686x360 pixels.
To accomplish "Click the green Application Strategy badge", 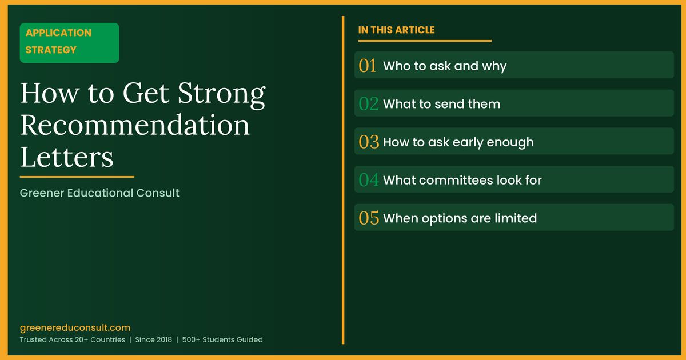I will pos(69,42).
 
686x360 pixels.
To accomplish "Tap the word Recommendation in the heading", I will pos(135,125).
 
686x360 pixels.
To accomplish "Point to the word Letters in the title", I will pos(67,156).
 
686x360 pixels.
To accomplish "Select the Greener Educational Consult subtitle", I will pos(99,193).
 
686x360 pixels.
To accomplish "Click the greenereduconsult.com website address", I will pos(75,328).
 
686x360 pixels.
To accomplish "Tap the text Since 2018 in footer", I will pos(153,339).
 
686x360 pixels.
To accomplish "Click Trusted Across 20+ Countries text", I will pos(72,339).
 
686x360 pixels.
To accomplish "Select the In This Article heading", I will pos(396,30).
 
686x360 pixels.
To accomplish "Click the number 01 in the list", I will pos(368,66).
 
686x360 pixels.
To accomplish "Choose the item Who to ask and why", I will pos(445,66).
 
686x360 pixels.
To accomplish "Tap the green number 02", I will pos(369,104).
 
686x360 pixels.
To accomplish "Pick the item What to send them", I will pos(441,104).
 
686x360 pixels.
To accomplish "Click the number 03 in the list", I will pos(369,142).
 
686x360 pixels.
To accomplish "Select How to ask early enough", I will pos(458,142).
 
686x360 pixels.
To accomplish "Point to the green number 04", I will pos(369,180).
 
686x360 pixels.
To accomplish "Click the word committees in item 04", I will pos(454,180).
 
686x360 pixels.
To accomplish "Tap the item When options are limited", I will pos(460,218).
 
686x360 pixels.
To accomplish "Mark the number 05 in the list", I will pos(369,218).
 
